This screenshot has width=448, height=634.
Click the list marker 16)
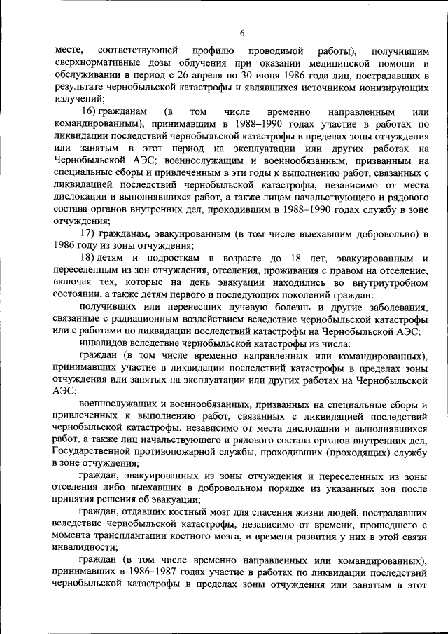(x=93, y=112)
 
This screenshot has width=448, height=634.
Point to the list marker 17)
(x=93, y=233)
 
